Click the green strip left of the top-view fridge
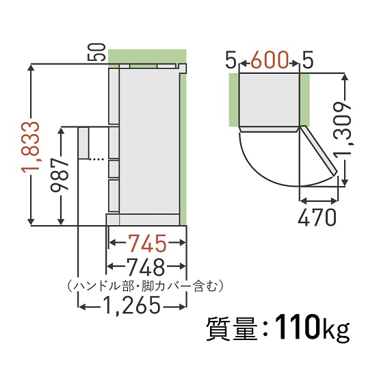[233, 100]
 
